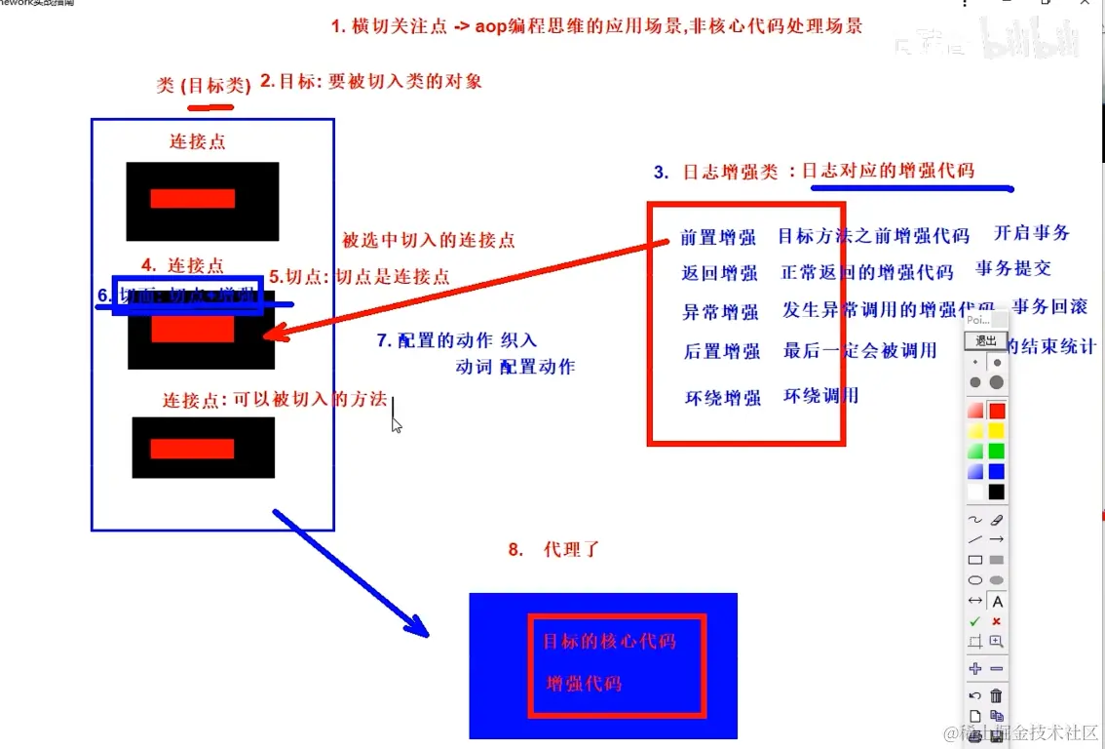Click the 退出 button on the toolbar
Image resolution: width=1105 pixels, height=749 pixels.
point(985,340)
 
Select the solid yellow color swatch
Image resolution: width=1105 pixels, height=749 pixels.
point(996,430)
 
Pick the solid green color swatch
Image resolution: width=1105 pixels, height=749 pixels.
point(996,451)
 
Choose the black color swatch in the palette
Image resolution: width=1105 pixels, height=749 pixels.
point(996,492)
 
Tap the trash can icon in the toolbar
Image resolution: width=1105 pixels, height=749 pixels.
point(996,695)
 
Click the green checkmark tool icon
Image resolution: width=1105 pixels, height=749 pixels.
point(974,621)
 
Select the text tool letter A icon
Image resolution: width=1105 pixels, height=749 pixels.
point(997,602)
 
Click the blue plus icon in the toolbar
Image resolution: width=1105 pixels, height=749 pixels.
point(974,668)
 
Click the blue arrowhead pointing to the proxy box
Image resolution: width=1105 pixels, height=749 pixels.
point(419,628)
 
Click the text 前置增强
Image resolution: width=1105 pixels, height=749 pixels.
point(719,238)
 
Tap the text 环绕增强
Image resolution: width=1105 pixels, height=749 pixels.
point(722,398)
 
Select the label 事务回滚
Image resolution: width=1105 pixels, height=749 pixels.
point(1048,307)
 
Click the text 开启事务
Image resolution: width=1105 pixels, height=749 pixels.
point(1031,233)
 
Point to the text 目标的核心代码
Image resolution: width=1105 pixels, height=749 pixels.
point(608,641)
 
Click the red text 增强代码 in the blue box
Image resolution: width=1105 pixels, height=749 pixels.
point(584,683)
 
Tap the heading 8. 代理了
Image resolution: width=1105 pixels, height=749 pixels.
point(552,550)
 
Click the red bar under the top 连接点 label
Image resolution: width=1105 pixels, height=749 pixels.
point(192,199)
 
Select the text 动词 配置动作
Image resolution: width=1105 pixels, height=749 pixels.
point(514,368)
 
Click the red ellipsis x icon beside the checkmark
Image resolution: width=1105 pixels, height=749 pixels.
point(996,621)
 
